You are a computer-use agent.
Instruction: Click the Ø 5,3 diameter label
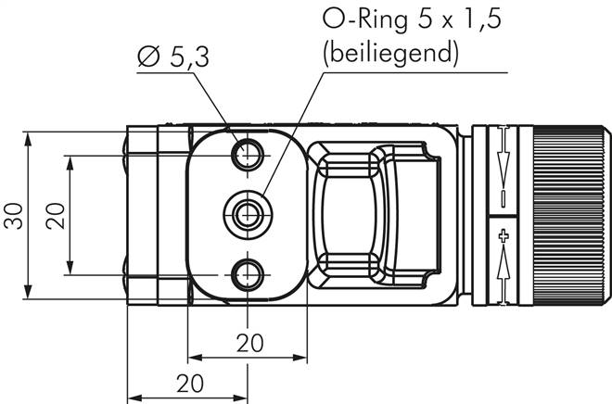[173, 57]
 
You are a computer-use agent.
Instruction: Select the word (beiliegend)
[390, 52]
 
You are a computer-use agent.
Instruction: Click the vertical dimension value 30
[13, 216]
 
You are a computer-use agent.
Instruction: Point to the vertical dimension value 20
[55, 216]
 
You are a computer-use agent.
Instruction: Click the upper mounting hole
[248, 155]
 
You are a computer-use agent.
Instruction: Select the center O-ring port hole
[248, 214]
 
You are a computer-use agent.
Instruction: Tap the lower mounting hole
[248, 275]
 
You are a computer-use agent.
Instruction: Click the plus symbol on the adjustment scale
[504, 236]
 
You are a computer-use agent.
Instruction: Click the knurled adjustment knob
[571, 215]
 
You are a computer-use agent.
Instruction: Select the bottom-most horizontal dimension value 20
[190, 384]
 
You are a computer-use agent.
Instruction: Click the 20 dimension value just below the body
[249, 343]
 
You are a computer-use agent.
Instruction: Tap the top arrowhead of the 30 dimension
[27, 138]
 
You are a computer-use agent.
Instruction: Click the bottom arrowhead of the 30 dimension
[27, 292]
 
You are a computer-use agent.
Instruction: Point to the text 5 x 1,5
[459, 19]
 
